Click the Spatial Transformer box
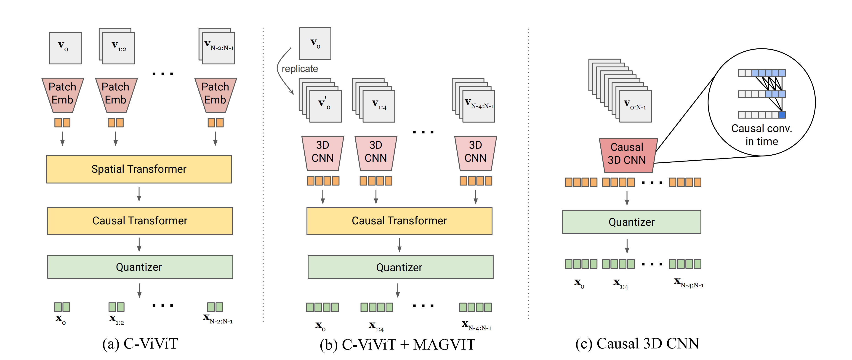tap(139, 169)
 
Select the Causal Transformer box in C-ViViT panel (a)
tap(140, 221)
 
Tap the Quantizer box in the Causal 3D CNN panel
tap(631, 222)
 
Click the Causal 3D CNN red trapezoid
tap(627, 155)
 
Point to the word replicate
tap(300, 69)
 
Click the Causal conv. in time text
tap(761, 135)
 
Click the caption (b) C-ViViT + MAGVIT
tap(397, 344)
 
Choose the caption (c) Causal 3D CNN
tap(637, 344)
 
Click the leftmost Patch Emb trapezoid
tap(63, 94)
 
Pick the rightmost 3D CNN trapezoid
tap(475, 153)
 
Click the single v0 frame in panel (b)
tap(315, 43)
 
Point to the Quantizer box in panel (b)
tap(400, 267)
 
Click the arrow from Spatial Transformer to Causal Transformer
tap(139, 194)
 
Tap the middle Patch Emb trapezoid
tap(116, 94)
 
